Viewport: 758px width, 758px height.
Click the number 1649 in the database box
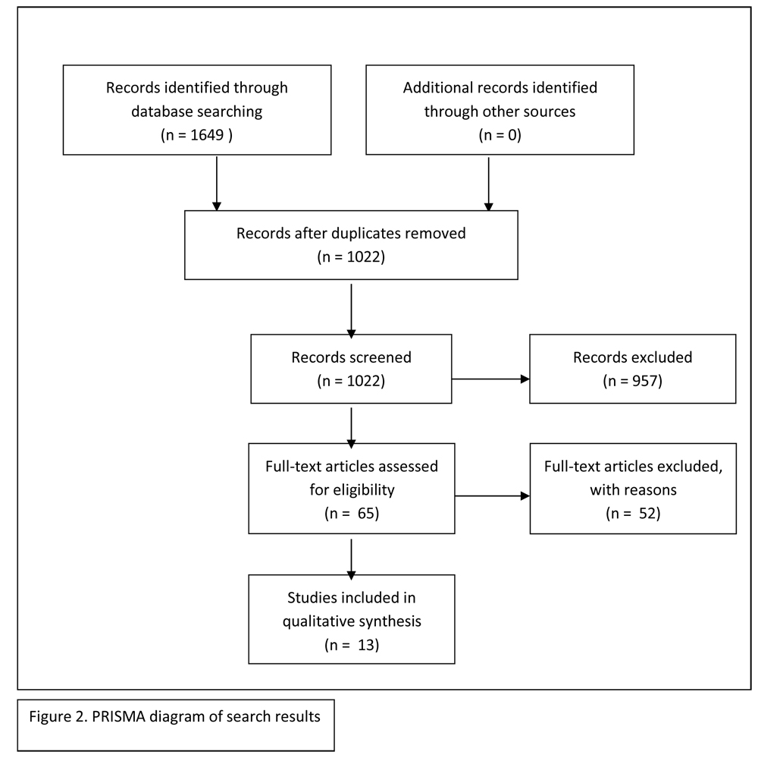click(x=207, y=134)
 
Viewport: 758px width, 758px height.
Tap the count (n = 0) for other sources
click(x=500, y=134)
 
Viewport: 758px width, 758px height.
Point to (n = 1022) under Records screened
click(x=351, y=381)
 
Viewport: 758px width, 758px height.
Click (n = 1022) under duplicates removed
click(x=351, y=256)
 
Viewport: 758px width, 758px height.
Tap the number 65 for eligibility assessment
click(x=366, y=513)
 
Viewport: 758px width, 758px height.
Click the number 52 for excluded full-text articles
click(x=647, y=513)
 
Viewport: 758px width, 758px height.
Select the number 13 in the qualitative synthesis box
click(x=366, y=645)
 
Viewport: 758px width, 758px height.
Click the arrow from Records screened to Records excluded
click(x=490, y=379)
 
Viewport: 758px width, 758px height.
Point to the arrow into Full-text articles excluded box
click(x=492, y=495)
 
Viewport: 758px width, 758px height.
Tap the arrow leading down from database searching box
click(x=217, y=184)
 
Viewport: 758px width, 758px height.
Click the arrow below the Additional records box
click(x=488, y=184)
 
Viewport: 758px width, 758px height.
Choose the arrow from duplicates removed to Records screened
click(x=352, y=311)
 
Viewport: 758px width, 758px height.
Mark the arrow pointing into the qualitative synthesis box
click(x=352, y=559)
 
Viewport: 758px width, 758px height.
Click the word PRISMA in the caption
click(x=118, y=716)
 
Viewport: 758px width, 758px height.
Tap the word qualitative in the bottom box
click(x=312, y=621)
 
